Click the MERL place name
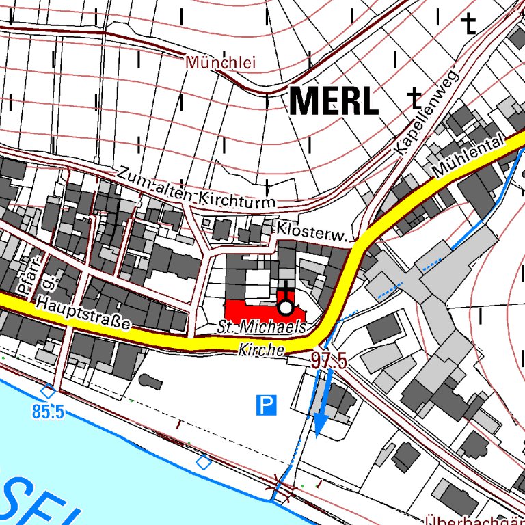tap(334, 101)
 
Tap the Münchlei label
tap(220, 63)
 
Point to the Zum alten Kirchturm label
tap(197, 189)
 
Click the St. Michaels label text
tap(262, 327)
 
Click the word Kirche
tap(261, 349)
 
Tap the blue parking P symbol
tap(267, 405)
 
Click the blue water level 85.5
tap(48, 412)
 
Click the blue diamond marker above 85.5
tap(48, 392)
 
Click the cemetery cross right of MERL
tap(414, 99)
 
